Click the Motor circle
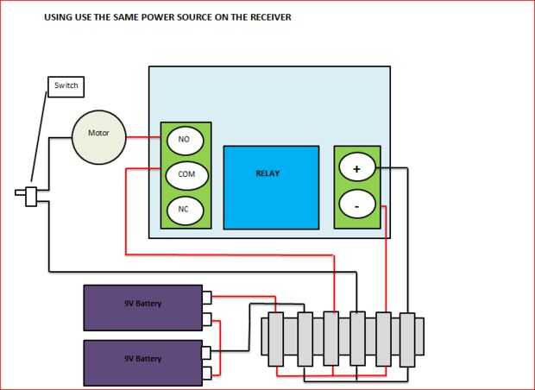98,137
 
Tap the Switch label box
66,86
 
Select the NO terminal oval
184,139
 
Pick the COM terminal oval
186,174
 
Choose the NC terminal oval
184,210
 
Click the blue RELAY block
269,187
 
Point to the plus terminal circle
356,168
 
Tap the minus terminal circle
356,205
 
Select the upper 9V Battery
142,307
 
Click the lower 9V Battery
142,362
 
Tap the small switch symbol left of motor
31,196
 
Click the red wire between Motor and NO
142,137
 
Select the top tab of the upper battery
207,298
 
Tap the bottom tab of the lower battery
207,374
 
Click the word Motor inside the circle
98,134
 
